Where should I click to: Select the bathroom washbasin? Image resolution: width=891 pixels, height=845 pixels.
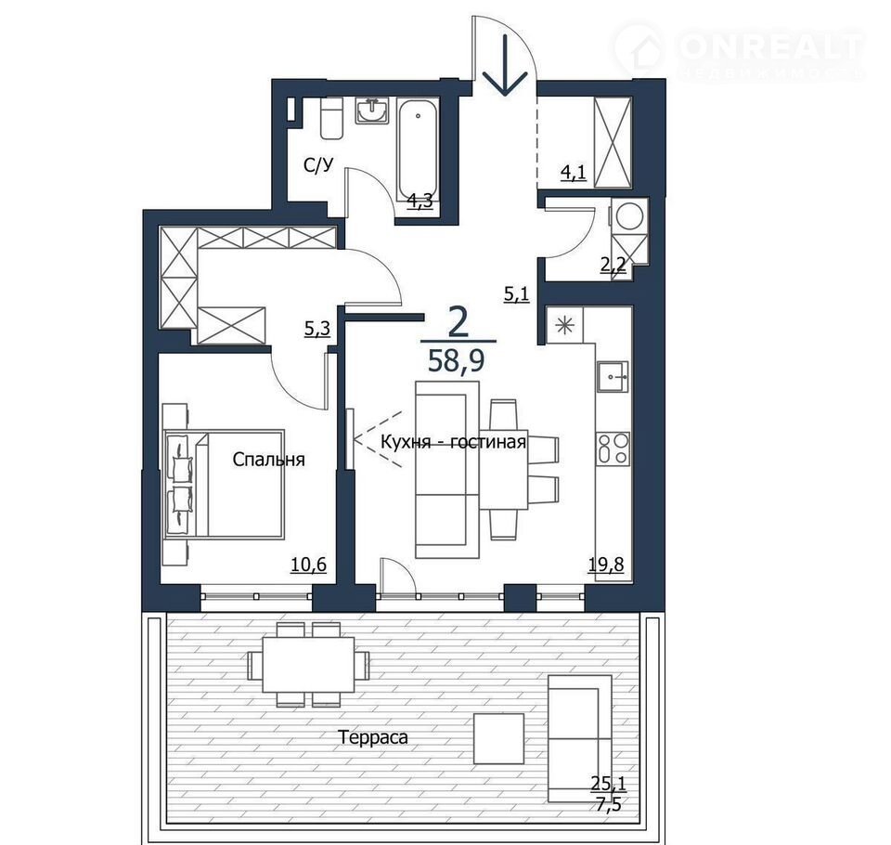click(x=373, y=110)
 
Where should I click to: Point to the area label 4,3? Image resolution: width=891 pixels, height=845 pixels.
click(x=420, y=201)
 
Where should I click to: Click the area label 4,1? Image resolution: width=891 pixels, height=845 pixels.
click(x=574, y=172)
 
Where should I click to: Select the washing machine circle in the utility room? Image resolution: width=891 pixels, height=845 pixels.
click(x=629, y=216)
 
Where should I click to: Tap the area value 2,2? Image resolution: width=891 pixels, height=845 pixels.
click(x=613, y=265)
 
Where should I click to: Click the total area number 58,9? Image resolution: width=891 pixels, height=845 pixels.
click(x=456, y=360)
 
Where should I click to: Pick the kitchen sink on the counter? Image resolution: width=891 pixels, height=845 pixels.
click(x=613, y=376)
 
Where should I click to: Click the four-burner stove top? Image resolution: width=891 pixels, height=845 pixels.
click(x=613, y=448)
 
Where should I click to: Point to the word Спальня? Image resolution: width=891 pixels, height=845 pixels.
click(x=269, y=460)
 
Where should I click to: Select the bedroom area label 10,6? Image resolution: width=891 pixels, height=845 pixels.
click(x=308, y=565)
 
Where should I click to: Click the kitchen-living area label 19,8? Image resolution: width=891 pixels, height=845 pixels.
click(x=606, y=565)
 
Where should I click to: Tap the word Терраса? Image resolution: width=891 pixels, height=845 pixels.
click(x=373, y=737)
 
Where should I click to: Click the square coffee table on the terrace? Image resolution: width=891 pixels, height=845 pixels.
click(x=499, y=738)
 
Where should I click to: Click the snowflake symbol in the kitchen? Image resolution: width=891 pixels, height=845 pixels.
click(x=565, y=327)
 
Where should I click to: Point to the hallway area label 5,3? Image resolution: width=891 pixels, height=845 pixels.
click(x=317, y=329)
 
